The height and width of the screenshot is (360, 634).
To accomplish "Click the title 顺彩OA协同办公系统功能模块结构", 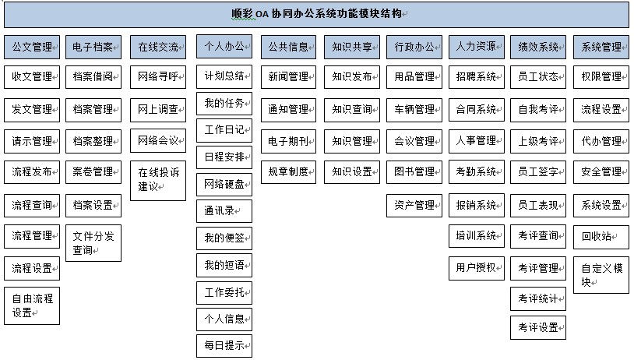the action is (x=316, y=14).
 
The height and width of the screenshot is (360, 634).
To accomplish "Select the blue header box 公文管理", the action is (x=32, y=47).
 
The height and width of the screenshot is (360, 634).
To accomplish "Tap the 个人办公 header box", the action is (x=224, y=46).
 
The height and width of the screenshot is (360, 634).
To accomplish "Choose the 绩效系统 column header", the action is (x=538, y=47).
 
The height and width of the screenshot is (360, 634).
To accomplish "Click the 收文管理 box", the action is (x=32, y=77).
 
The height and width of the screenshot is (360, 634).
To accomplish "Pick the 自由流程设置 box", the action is (x=32, y=305).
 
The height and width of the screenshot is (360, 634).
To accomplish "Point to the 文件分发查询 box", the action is (x=93, y=243).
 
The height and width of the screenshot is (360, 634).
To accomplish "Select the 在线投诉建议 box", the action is (x=158, y=181).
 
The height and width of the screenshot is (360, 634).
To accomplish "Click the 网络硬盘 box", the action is (x=224, y=185).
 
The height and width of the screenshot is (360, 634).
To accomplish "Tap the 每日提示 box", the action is (x=224, y=346).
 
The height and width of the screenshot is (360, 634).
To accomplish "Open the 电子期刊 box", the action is (x=288, y=141).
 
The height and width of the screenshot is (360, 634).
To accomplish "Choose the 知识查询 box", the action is (x=352, y=110).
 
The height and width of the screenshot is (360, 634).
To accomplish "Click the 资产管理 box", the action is (x=414, y=206).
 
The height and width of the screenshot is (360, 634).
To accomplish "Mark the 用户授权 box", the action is (x=477, y=268).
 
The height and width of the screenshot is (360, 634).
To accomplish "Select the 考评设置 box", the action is (x=538, y=327).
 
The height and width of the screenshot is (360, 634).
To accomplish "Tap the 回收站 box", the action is (x=601, y=237).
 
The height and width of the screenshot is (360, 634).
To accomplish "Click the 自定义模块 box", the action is (x=601, y=275).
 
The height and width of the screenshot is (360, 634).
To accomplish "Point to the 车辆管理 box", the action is (x=414, y=110).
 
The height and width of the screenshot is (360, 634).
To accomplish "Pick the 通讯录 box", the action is (x=224, y=211).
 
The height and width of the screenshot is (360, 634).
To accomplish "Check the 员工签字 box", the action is (x=538, y=172).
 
